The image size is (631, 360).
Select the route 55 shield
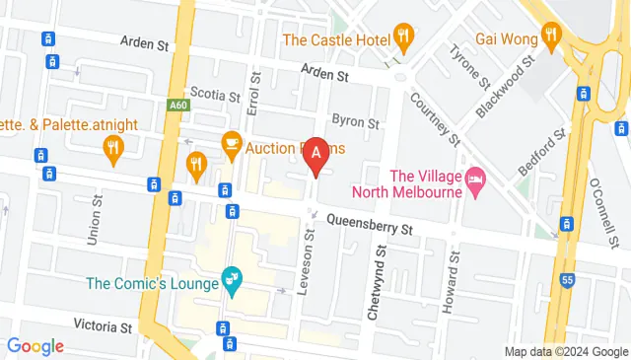[x=567, y=281]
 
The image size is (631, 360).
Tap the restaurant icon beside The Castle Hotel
[x=402, y=38]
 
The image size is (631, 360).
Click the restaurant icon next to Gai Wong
[x=550, y=38]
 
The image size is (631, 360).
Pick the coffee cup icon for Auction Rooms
[x=231, y=144]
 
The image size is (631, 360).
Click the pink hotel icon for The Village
[x=475, y=180]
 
